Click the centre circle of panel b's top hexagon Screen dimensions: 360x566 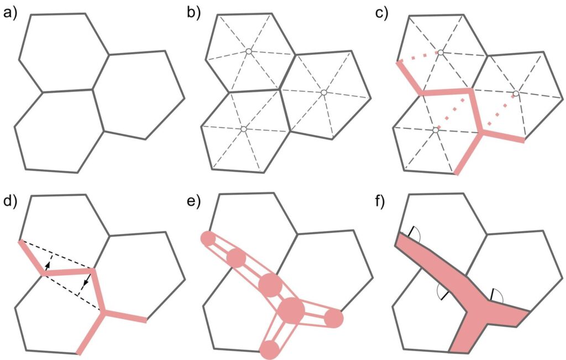(x=249, y=52)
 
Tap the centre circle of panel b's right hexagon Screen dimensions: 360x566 (x=323, y=92)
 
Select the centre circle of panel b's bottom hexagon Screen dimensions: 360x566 (x=243, y=129)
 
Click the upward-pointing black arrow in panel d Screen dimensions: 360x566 (x=48, y=265)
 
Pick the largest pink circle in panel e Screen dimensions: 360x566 (x=292, y=311)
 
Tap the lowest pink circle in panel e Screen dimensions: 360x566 (x=269, y=349)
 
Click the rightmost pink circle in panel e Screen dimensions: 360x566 (x=334, y=319)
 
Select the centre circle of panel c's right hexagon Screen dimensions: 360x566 (x=515, y=92)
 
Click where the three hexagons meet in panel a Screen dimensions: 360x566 (x=93, y=89)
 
